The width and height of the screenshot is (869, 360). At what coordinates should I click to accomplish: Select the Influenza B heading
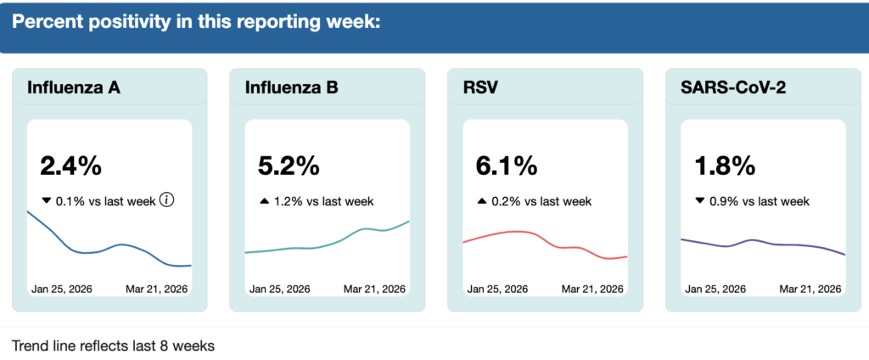(x=292, y=87)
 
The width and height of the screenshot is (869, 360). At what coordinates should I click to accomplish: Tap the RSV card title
(x=480, y=87)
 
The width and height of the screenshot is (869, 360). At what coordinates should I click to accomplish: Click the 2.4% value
(x=71, y=166)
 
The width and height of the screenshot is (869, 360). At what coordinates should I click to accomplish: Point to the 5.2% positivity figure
(x=289, y=166)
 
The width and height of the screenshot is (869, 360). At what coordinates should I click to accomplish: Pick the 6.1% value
(x=507, y=166)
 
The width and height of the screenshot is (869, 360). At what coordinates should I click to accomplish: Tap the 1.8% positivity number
(x=724, y=166)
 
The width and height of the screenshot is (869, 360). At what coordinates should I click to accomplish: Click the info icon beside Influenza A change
(x=167, y=200)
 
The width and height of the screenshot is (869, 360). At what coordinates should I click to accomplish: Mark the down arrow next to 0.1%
(x=46, y=201)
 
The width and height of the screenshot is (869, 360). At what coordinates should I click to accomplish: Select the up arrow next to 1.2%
(x=263, y=201)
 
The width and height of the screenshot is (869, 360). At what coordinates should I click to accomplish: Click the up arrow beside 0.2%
(x=481, y=201)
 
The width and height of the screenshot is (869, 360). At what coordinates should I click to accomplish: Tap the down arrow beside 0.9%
(x=698, y=201)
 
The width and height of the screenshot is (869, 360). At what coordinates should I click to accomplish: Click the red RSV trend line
(x=518, y=231)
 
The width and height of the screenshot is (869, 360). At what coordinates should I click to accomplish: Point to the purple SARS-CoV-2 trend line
(x=764, y=244)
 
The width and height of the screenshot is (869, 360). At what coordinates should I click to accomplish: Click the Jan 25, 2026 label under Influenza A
(x=62, y=289)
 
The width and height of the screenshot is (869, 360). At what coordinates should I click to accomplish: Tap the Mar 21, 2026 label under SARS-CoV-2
(x=810, y=289)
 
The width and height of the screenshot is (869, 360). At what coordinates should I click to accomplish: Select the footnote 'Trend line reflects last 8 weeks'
(x=113, y=346)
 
